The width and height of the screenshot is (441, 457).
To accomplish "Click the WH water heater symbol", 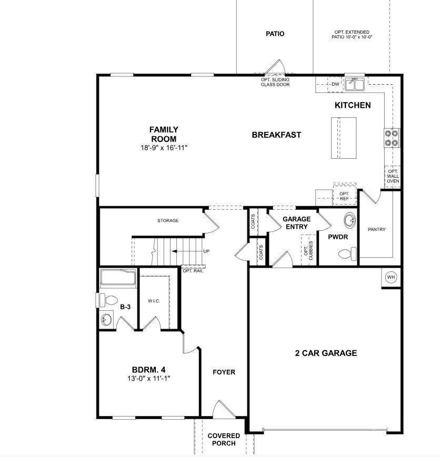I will [x=391, y=277].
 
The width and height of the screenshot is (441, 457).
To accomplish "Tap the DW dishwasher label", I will [x=335, y=84].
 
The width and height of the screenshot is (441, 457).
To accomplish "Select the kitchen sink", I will [x=358, y=84].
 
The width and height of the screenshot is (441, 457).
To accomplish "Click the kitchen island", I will [x=344, y=137].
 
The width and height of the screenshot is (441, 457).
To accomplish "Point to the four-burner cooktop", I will [x=392, y=137].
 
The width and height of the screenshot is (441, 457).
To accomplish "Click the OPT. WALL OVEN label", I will [x=393, y=176].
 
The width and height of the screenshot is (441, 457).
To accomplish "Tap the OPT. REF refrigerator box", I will [x=344, y=196].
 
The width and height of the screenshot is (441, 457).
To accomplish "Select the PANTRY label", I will [x=377, y=229].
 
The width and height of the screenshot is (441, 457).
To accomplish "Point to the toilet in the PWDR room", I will [x=347, y=255].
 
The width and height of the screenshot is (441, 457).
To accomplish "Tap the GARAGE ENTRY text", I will [x=296, y=223].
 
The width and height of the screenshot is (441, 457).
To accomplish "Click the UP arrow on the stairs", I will [x=189, y=251].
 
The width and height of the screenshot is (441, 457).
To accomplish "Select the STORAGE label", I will [x=168, y=220].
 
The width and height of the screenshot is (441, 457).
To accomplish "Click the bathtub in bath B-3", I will [x=118, y=278].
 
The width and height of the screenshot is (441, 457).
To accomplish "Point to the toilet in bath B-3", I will [x=108, y=300].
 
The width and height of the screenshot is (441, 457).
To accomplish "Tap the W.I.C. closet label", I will [x=154, y=301].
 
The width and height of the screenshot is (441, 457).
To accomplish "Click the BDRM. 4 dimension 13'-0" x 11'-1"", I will [x=149, y=378].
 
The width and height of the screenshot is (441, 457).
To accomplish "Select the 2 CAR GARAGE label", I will [x=325, y=353].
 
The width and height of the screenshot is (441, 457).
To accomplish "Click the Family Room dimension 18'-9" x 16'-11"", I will [x=164, y=148].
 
